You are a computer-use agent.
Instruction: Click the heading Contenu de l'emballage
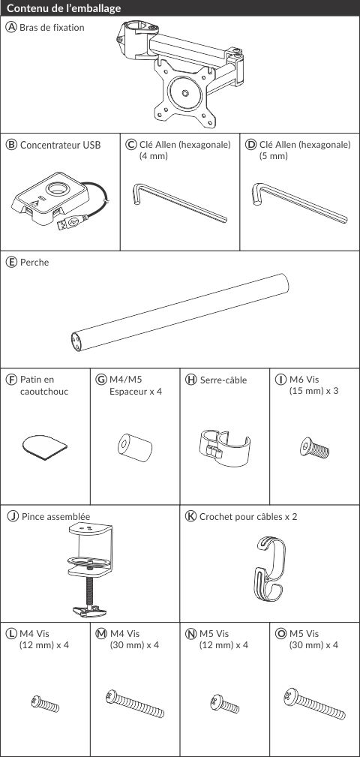coord(64,9)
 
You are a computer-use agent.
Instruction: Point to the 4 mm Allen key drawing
coord(178,203)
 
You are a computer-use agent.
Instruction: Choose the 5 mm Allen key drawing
coord(299,203)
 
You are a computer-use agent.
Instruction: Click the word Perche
coord(34,263)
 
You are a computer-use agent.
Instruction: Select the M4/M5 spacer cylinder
coord(135,447)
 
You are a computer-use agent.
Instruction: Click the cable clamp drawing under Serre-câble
coord(224,447)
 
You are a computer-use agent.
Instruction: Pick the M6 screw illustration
coord(314,448)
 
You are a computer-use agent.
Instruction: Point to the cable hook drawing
coord(270,569)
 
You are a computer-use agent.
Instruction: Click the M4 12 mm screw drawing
coord(45,704)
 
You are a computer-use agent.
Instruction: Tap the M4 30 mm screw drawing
coord(135,704)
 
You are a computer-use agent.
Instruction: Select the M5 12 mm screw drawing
coord(224,704)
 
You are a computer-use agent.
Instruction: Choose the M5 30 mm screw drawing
coord(315,704)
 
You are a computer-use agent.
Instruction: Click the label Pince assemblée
coord(55,517)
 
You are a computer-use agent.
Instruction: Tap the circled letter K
coord(191,517)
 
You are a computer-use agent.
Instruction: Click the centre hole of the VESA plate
coord(185,93)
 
